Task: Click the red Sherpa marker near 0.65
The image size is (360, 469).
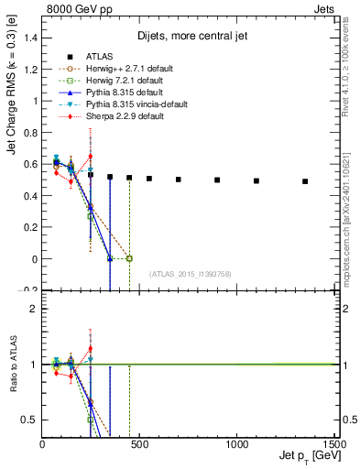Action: pos(91,156)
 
